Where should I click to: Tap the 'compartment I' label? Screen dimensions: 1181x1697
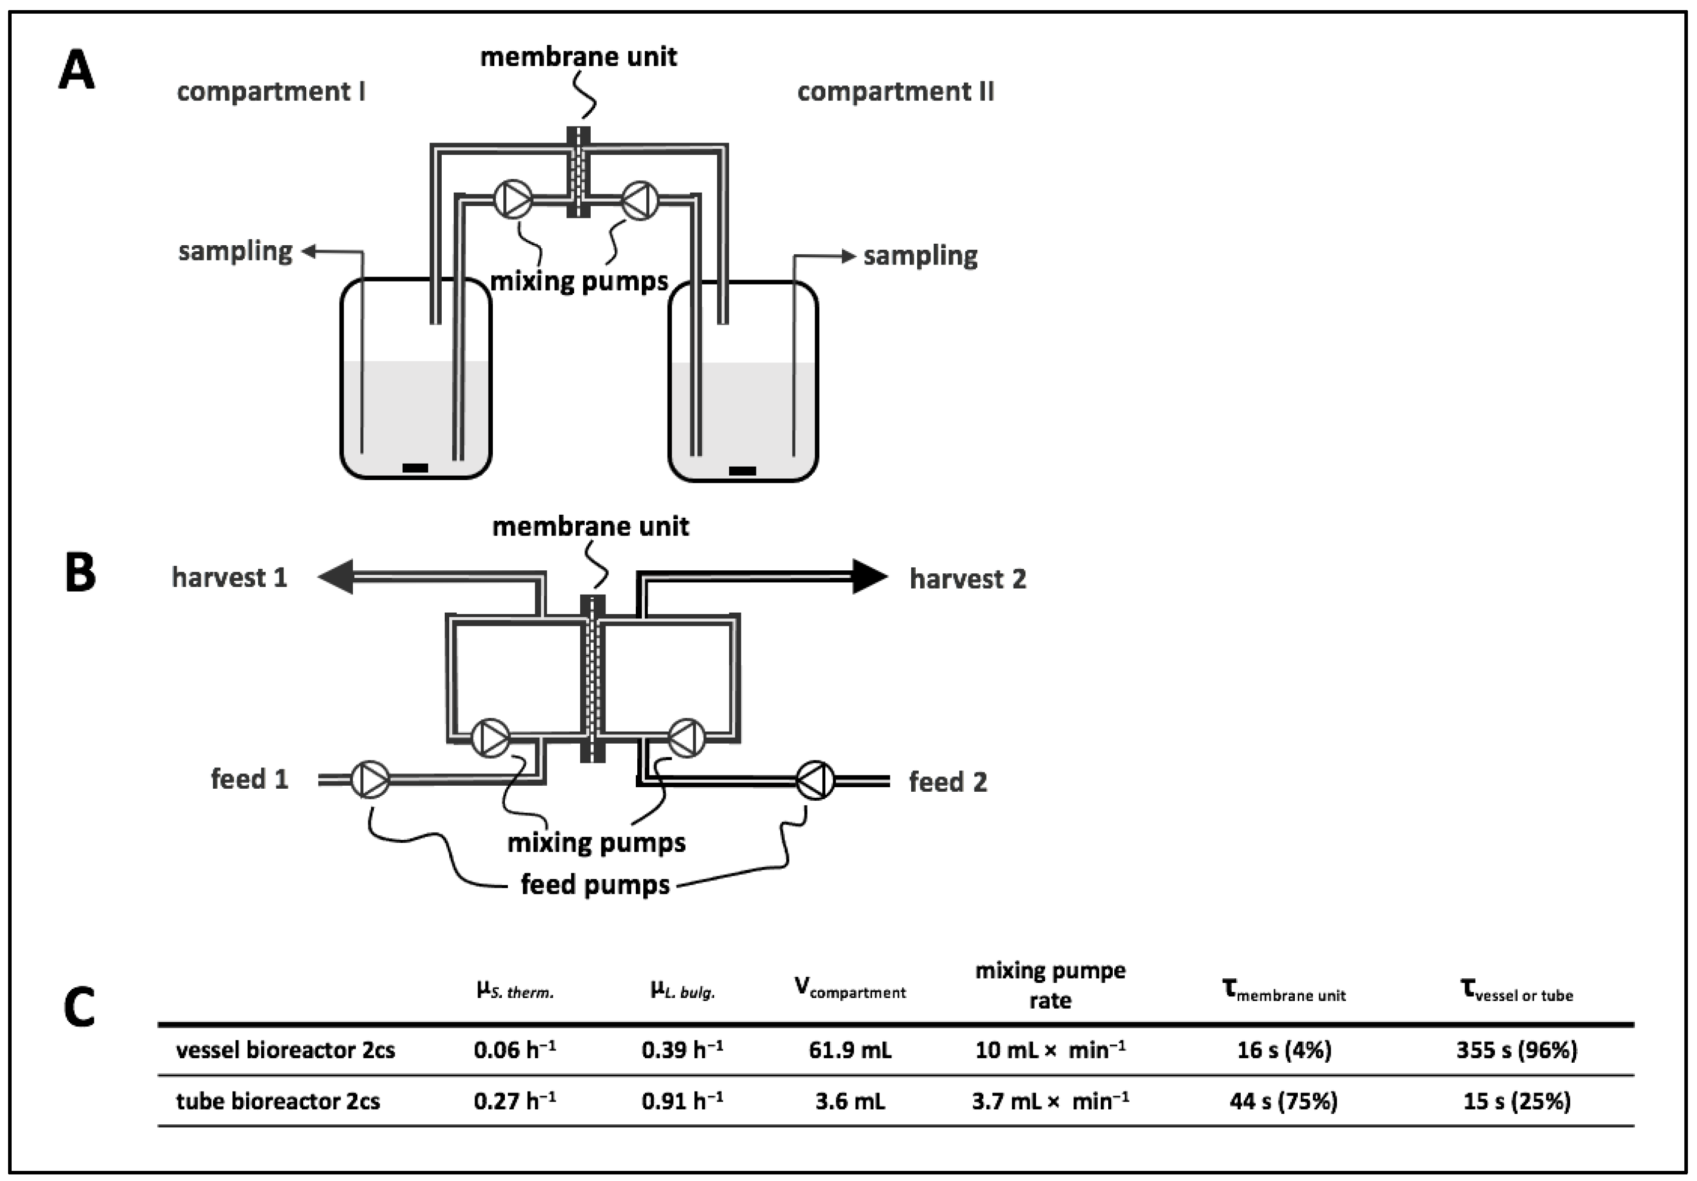coord(270,92)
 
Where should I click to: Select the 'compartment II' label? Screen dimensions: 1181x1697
coord(895,92)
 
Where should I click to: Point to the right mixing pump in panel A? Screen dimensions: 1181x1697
coord(640,200)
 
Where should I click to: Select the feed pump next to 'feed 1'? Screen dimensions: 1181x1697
coord(369,780)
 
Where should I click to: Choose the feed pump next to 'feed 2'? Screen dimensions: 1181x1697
coord(815,780)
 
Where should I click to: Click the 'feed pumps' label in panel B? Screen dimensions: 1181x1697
coord(595,884)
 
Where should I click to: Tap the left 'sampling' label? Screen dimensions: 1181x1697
coord(235,251)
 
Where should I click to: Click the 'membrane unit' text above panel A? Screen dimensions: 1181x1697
coord(578,57)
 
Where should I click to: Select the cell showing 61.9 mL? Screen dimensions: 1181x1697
coord(850,1050)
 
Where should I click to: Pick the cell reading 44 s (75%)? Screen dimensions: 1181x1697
coord(1283,1101)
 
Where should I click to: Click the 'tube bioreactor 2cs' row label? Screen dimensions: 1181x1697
coord(278,1101)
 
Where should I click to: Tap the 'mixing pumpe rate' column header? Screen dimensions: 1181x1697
coord(1050,985)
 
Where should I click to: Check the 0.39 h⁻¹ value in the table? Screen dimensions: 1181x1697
coord(681,1050)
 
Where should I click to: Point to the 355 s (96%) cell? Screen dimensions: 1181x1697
coord(1516,1050)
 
